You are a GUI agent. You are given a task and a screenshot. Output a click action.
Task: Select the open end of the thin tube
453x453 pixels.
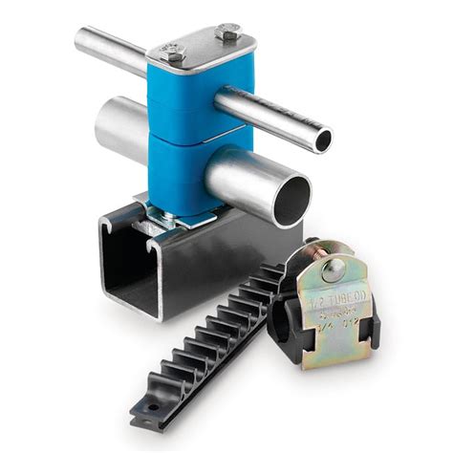point(323,140)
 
